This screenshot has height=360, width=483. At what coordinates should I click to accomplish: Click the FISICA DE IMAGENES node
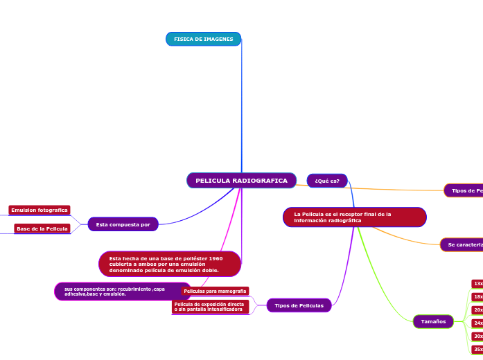pos(203,39)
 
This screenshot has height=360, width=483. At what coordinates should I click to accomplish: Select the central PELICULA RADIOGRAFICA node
pos(241,181)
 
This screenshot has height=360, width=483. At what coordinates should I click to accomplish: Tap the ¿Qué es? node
pos(327,181)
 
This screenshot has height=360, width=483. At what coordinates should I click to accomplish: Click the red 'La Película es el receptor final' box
pos(354,217)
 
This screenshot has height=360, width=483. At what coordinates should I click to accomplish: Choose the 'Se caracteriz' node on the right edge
pos(463,244)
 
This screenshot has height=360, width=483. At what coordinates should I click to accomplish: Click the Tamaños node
pos(433,321)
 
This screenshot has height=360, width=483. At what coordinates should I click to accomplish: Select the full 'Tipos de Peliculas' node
pos(299,305)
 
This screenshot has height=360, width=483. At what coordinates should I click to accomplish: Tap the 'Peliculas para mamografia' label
pos(215,291)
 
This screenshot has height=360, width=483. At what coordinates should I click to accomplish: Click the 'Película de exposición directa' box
pos(210,307)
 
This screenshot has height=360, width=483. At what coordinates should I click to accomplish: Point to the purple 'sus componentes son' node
pos(114,291)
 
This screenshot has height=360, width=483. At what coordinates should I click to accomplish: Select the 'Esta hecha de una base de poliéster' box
pos(170,264)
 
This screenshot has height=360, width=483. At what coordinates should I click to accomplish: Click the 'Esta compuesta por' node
pos(123,224)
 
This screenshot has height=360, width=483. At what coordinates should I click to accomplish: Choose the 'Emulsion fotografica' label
pos(39,210)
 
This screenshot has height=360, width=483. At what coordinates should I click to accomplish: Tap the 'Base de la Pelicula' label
pos(42,228)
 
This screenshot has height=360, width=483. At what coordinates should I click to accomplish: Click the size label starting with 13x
pos(477,284)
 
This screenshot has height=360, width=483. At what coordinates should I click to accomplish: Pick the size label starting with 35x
pos(477,350)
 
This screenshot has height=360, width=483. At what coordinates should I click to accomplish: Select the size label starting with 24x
pos(477,323)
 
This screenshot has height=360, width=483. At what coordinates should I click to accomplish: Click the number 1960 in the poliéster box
pos(216,258)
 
